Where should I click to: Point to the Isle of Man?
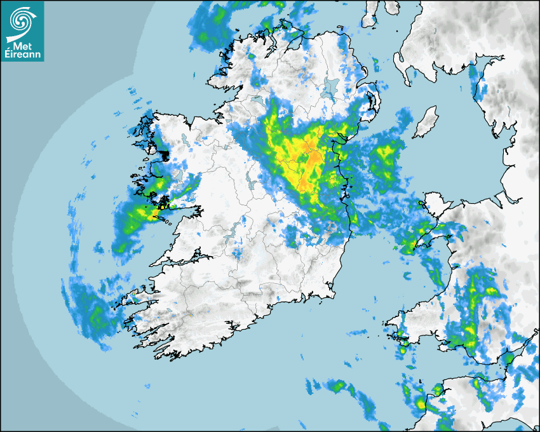(426, 121)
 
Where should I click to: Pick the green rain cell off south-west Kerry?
(95, 314)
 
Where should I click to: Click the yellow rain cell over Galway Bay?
(163, 205)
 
